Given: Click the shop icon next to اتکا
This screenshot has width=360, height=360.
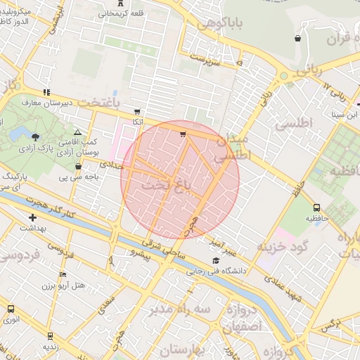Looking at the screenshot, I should pos(136,111).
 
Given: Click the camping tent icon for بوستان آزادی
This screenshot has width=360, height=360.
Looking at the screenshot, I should pos(77,132).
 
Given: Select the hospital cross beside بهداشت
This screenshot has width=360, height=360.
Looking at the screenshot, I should pos(32,217).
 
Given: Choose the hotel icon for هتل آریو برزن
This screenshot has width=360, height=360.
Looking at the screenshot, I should pos(63,274).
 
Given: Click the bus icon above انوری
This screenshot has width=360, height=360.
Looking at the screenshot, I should pos(11,309).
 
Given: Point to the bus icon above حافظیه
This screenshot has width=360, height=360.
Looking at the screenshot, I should pos(316,207).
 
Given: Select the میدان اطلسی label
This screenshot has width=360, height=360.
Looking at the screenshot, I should pos(233,149).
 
